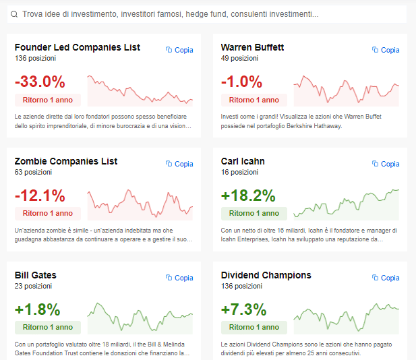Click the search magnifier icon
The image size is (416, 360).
[14, 13]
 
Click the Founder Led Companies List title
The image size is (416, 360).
[78, 47]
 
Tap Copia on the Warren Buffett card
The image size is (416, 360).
[386, 50]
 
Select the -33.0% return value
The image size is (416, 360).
[40, 82]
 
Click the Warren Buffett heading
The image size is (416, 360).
[252, 47]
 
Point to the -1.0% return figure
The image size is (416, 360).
[241, 82]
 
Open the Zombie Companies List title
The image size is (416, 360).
[66, 161]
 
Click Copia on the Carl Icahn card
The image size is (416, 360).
[386, 164]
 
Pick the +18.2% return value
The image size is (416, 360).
[248, 196]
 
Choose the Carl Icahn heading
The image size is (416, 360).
[243, 161]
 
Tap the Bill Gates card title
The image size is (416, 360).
[36, 275]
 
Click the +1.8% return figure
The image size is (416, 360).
[37, 310]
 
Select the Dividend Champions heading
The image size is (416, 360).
[266, 275]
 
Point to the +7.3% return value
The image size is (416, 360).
[244, 310]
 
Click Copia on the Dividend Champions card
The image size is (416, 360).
[386, 278]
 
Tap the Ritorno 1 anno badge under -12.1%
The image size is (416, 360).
[48, 213]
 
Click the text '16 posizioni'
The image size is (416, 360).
[240, 172]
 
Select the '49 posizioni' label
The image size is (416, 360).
[240, 58]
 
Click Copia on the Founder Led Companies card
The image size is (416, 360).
[179, 50]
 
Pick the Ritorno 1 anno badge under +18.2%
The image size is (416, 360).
[254, 213]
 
